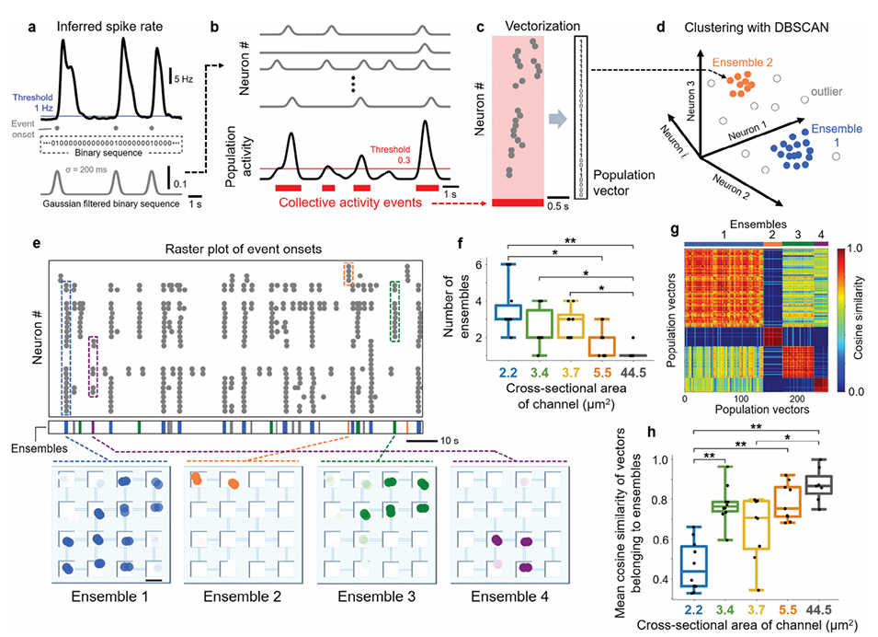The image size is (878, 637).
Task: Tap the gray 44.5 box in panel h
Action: pyautogui.click(x=816, y=484)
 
